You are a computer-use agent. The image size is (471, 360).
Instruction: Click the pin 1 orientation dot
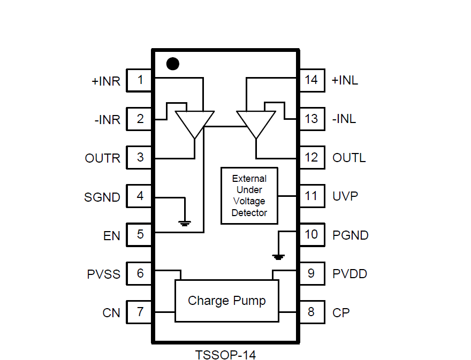pos(172,64)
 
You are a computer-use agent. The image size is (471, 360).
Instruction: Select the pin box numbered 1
pos(140,80)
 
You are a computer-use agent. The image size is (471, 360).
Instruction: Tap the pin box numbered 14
pos(311,80)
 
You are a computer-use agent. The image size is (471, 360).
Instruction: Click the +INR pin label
pos(106,82)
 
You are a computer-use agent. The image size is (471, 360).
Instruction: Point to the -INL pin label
pos(344,119)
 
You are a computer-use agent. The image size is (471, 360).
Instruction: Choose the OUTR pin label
pos(103,158)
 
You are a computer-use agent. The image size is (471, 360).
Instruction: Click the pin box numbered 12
pos(311,158)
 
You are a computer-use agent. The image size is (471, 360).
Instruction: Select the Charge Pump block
pos(227,301)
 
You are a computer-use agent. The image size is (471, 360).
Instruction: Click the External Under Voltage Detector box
pos(249,195)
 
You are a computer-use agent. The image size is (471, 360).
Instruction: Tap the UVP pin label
pos(345,196)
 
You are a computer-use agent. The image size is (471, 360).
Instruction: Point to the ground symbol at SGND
pos(185,222)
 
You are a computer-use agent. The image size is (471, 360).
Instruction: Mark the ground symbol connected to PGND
pos(278,256)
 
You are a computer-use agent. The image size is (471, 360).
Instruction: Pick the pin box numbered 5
pos(140,234)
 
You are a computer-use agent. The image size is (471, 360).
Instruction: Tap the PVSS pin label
pos(103,274)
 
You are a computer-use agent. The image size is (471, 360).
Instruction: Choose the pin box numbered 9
pos(311,273)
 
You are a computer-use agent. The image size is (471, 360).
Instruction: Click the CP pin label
pos(341,313)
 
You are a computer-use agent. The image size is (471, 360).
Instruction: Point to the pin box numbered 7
pos(140,312)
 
